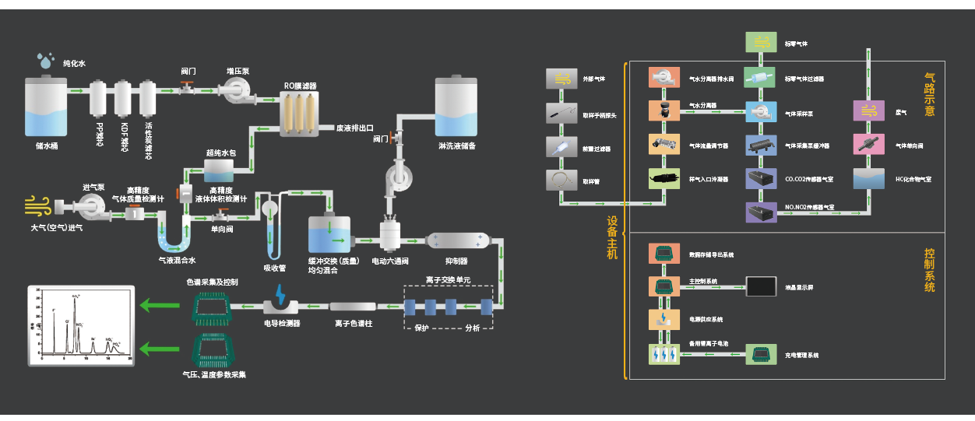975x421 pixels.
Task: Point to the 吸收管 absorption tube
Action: (x=272, y=230)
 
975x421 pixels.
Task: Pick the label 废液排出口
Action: (x=354, y=128)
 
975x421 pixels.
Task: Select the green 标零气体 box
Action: (x=761, y=43)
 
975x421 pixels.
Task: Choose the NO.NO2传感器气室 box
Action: (x=761, y=212)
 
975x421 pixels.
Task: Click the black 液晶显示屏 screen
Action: (x=761, y=286)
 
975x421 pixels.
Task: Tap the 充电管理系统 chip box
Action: (x=761, y=354)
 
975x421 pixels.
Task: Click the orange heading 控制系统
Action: (x=929, y=270)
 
